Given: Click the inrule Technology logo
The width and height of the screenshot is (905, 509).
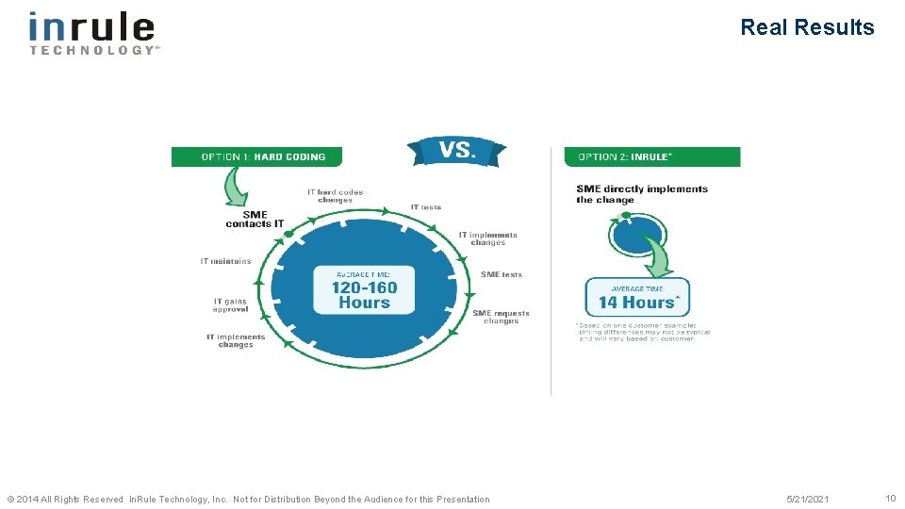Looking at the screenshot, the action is (x=92, y=32).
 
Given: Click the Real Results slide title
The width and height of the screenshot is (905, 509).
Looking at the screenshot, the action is (x=807, y=27).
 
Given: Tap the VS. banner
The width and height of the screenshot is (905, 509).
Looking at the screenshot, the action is (x=457, y=151).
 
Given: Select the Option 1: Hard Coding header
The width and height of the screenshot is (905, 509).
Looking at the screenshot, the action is (x=256, y=156).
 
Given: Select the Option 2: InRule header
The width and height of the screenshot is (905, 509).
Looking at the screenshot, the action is (x=651, y=156).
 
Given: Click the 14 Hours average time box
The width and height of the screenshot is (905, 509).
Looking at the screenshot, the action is (x=638, y=297).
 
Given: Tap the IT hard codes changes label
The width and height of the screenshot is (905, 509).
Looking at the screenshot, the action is (x=335, y=196).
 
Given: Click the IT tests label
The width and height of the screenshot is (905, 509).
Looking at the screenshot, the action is (x=425, y=207).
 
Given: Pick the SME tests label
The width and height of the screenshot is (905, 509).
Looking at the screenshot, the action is (x=501, y=275).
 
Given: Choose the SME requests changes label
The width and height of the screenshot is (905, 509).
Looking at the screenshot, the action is (x=501, y=317).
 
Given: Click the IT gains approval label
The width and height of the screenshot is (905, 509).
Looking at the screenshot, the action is (x=230, y=305).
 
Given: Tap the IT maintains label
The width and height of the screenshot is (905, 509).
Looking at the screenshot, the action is (x=225, y=261).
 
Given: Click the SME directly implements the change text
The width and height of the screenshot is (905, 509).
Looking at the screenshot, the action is (x=641, y=194).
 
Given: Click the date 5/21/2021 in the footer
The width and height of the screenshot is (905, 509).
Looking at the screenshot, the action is (x=808, y=499).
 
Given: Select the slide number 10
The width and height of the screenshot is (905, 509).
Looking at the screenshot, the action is (x=890, y=498).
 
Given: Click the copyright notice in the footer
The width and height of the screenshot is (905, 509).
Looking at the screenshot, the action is (x=248, y=499).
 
